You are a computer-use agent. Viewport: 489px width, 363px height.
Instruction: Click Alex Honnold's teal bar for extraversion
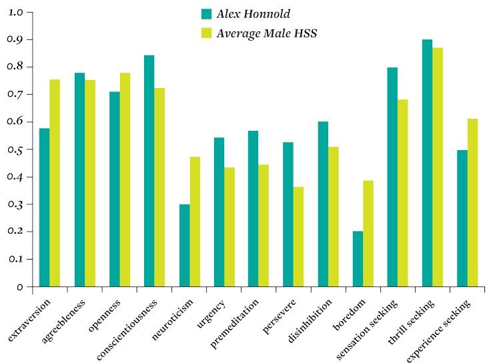point(45,208)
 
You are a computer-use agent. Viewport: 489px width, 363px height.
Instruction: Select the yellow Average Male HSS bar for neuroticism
point(195,222)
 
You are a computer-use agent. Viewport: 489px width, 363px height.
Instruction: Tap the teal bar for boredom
point(358,259)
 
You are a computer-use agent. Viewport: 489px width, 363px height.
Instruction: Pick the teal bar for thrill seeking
point(427,163)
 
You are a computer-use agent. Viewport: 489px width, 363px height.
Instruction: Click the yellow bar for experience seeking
point(472,203)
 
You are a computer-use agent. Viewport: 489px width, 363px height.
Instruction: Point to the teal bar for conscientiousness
point(149,171)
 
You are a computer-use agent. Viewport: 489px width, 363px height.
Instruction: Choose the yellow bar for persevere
point(298,237)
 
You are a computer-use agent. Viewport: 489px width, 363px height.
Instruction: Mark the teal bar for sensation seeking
point(392,177)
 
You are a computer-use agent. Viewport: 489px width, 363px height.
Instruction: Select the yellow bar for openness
point(125,179)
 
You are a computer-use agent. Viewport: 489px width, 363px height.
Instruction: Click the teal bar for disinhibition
point(323,204)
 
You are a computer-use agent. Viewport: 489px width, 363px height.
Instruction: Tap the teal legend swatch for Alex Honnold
point(206,14)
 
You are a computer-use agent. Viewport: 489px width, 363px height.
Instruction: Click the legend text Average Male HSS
point(267,33)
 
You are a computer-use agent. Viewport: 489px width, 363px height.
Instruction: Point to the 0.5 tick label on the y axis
point(15,149)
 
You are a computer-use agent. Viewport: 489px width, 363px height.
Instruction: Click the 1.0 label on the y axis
point(15,12)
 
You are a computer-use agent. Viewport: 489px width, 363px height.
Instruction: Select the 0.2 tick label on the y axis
point(15,232)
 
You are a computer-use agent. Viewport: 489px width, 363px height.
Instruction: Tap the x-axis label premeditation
point(235,323)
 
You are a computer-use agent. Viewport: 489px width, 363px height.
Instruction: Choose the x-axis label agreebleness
point(63,321)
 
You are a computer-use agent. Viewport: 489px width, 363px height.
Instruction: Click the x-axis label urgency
point(211,314)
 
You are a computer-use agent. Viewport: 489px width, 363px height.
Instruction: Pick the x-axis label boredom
point(350,314)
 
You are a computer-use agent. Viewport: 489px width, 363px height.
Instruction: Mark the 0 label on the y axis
point(20,286)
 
